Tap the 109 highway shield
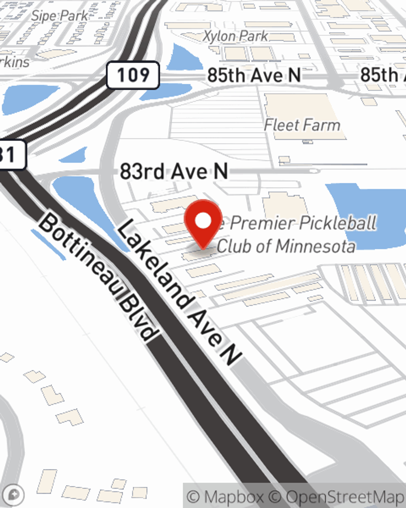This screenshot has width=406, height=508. (133, 75)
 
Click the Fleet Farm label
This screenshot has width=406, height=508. (302, 125)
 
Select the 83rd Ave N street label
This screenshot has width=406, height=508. (174, 172)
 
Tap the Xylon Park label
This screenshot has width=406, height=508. (235, 36)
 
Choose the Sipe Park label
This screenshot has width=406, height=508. (59, 16)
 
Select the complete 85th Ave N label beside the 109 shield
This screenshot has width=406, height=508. (254, 75)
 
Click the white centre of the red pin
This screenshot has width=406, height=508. (203, 221)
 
